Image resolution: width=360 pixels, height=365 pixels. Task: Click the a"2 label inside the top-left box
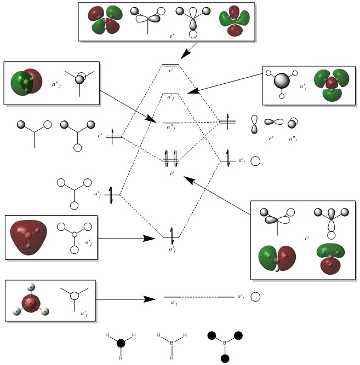click(56, 84)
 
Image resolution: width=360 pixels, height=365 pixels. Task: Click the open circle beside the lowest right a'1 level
click(255, 297)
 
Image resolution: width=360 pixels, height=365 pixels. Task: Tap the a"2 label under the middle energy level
click(172, 127)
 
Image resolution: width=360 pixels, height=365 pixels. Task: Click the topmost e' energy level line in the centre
click(170, 65)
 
